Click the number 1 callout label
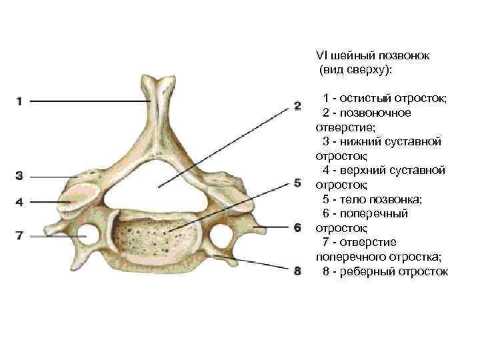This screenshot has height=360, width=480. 19,101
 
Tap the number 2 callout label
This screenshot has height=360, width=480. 297,105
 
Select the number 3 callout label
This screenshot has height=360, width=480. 19,176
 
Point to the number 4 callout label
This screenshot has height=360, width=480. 19,201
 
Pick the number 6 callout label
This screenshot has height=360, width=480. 297,228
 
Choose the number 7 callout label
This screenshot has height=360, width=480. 19,235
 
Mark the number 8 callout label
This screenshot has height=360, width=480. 297,271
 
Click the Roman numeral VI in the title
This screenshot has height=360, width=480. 321,55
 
